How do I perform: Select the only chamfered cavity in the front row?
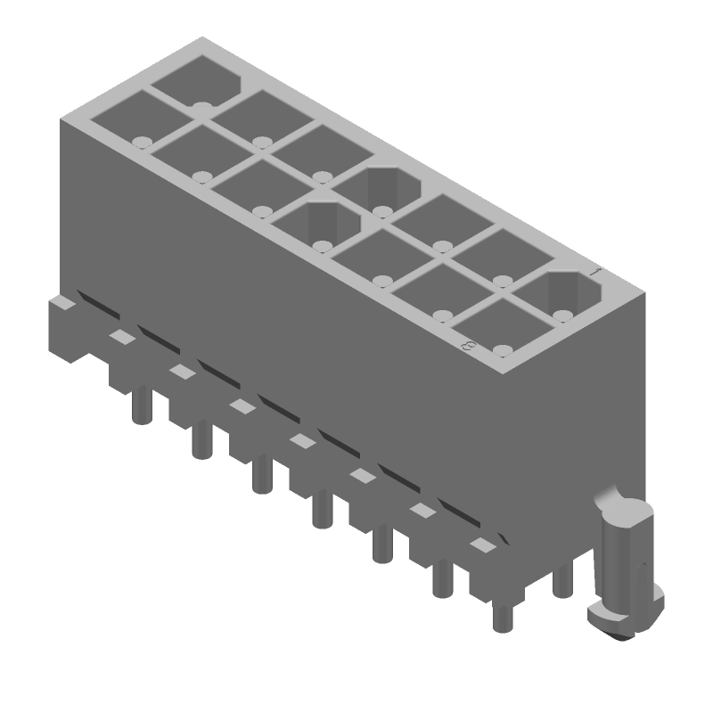click(316, 222)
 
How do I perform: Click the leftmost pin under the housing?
click(139, 406)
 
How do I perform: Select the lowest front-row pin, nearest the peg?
click(502, 615)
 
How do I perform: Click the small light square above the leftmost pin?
click(119, 336)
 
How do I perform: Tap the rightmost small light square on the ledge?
click(482, 545)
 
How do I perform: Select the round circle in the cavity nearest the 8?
click(503, 349)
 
